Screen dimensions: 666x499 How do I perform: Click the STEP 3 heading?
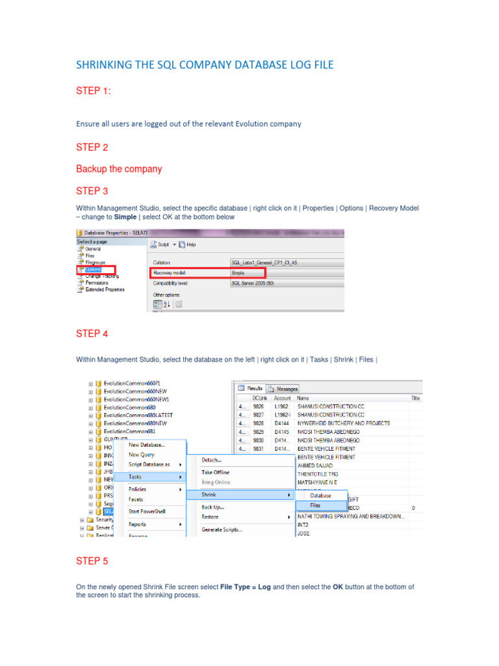coord(92,191)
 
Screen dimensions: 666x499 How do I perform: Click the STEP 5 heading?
coord(92,561)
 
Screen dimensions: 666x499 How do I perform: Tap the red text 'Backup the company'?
coord(119,169)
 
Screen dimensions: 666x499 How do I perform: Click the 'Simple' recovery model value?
coord(238,273)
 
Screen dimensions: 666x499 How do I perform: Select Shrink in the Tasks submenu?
coord(209,495)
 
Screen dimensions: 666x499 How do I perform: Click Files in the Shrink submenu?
coord(315,505)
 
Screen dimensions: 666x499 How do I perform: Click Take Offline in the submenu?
coord(216,472)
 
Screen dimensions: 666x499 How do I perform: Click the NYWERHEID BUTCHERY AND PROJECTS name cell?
coord(343,423)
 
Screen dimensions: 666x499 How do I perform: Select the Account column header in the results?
coord(282,397)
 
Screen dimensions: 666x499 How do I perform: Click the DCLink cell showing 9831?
coord(259,448)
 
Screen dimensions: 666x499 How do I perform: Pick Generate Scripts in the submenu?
coord(222,529)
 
